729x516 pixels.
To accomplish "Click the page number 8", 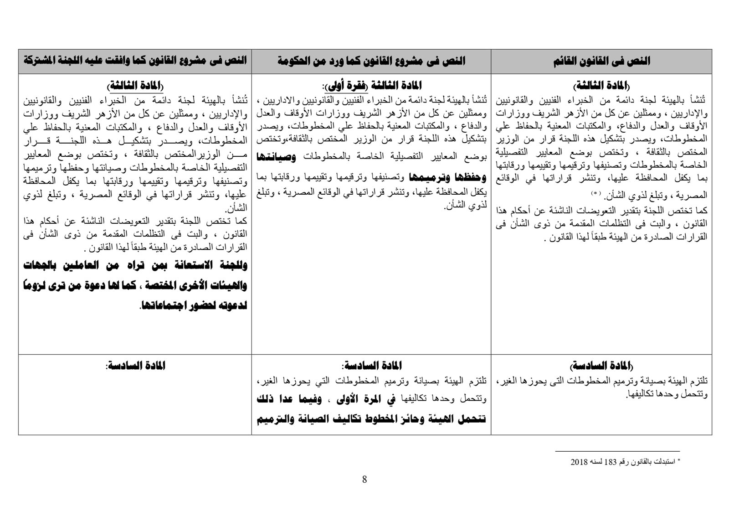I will point(364,479).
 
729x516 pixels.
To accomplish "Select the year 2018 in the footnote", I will point(579,462).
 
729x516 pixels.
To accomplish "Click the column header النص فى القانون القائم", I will point(601,61).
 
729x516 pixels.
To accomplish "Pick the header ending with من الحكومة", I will point(371,61).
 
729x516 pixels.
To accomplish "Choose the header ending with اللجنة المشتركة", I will point(135,61).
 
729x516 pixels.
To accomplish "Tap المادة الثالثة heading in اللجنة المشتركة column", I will point(135,86).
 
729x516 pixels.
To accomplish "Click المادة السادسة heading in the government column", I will point(371,366).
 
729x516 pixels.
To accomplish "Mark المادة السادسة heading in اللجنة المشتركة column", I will point(135,366).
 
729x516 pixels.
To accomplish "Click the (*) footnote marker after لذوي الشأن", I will point(596,194).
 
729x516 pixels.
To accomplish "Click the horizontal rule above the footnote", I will point(617,451).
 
